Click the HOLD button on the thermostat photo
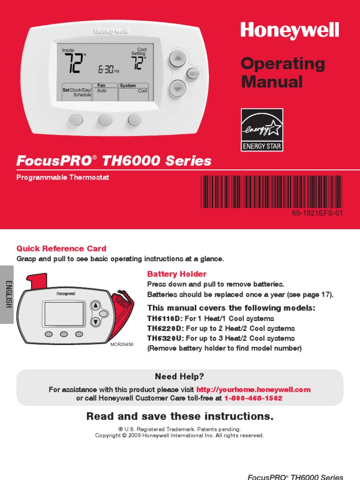(x=194, y=74)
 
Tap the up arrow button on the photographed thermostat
(x=178, y=58)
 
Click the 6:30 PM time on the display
(x=109, y=69)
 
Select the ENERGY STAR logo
(x=262, y=130)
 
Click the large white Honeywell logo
(x=290, y=31)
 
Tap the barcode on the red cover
(x=271, y=192)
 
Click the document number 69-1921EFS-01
(x=317, y=213)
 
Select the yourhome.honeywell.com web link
(x=254, y=390)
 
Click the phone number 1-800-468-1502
(x=253, y=398)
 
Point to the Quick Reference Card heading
(x=61, y=248)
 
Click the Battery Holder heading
(x=177, y=274)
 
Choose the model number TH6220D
(x=164, y=329)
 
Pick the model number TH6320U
(x=165, y=338)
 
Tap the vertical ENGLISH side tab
(x=7, y=294)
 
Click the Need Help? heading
(x=180, y=376)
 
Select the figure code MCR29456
(x=122, y=344)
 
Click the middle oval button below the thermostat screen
(x=105, y=120)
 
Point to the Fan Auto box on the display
(x=105, y=91)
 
